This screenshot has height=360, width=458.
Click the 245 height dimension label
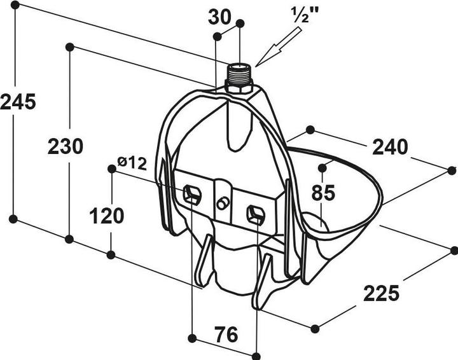[x=18, y=102]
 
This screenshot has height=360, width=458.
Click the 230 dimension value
[x=65, y=146]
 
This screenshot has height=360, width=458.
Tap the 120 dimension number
[x=107, y=216]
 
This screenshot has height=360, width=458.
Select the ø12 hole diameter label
[x=132, y=163]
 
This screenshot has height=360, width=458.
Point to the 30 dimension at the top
[x=219, y=17]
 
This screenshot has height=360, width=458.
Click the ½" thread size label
[x=305, y=15]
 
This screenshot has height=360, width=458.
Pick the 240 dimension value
[x=390, y=147]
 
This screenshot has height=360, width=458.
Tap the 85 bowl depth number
[x=323, y=193]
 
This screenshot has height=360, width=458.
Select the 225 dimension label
[x=381, y=293]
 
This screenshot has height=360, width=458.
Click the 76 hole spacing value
[x=226, y=335]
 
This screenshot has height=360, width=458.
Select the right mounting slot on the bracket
[x=256, y=214]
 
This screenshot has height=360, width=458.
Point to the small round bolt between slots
[x=222, y=203]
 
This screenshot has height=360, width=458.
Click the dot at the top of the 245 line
[x=15, y=4]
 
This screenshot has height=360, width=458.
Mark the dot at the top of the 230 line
[x=69, y=47]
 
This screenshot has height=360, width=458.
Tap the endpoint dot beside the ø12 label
[x=112, y=169]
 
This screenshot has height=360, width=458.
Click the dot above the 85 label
[x=322, y=168]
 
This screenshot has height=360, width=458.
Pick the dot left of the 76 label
[x=192, y=338]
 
